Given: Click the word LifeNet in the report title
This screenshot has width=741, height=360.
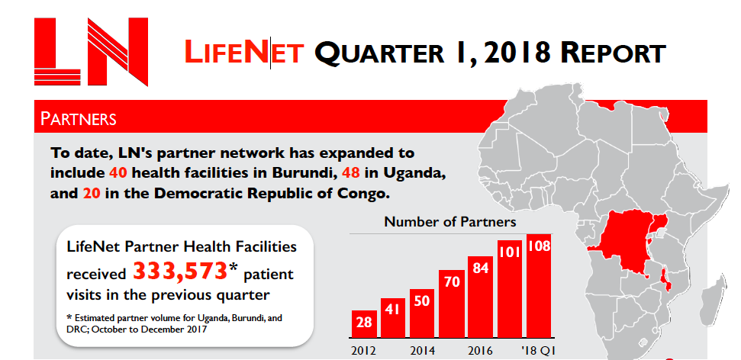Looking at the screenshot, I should (244, 53).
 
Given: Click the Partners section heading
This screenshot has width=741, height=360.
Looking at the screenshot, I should (79, 119).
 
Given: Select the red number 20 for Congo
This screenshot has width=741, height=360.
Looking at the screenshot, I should (90, 194).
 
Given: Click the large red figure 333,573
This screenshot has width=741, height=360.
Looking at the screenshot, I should (180, 271).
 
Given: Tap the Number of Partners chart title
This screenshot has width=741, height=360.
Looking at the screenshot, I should (449, 222).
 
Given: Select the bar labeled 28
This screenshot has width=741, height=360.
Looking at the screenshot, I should (364, 324).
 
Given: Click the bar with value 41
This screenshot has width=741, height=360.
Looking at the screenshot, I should (392, 317).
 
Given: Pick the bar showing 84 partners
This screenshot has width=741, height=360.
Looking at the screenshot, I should (480, 297).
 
